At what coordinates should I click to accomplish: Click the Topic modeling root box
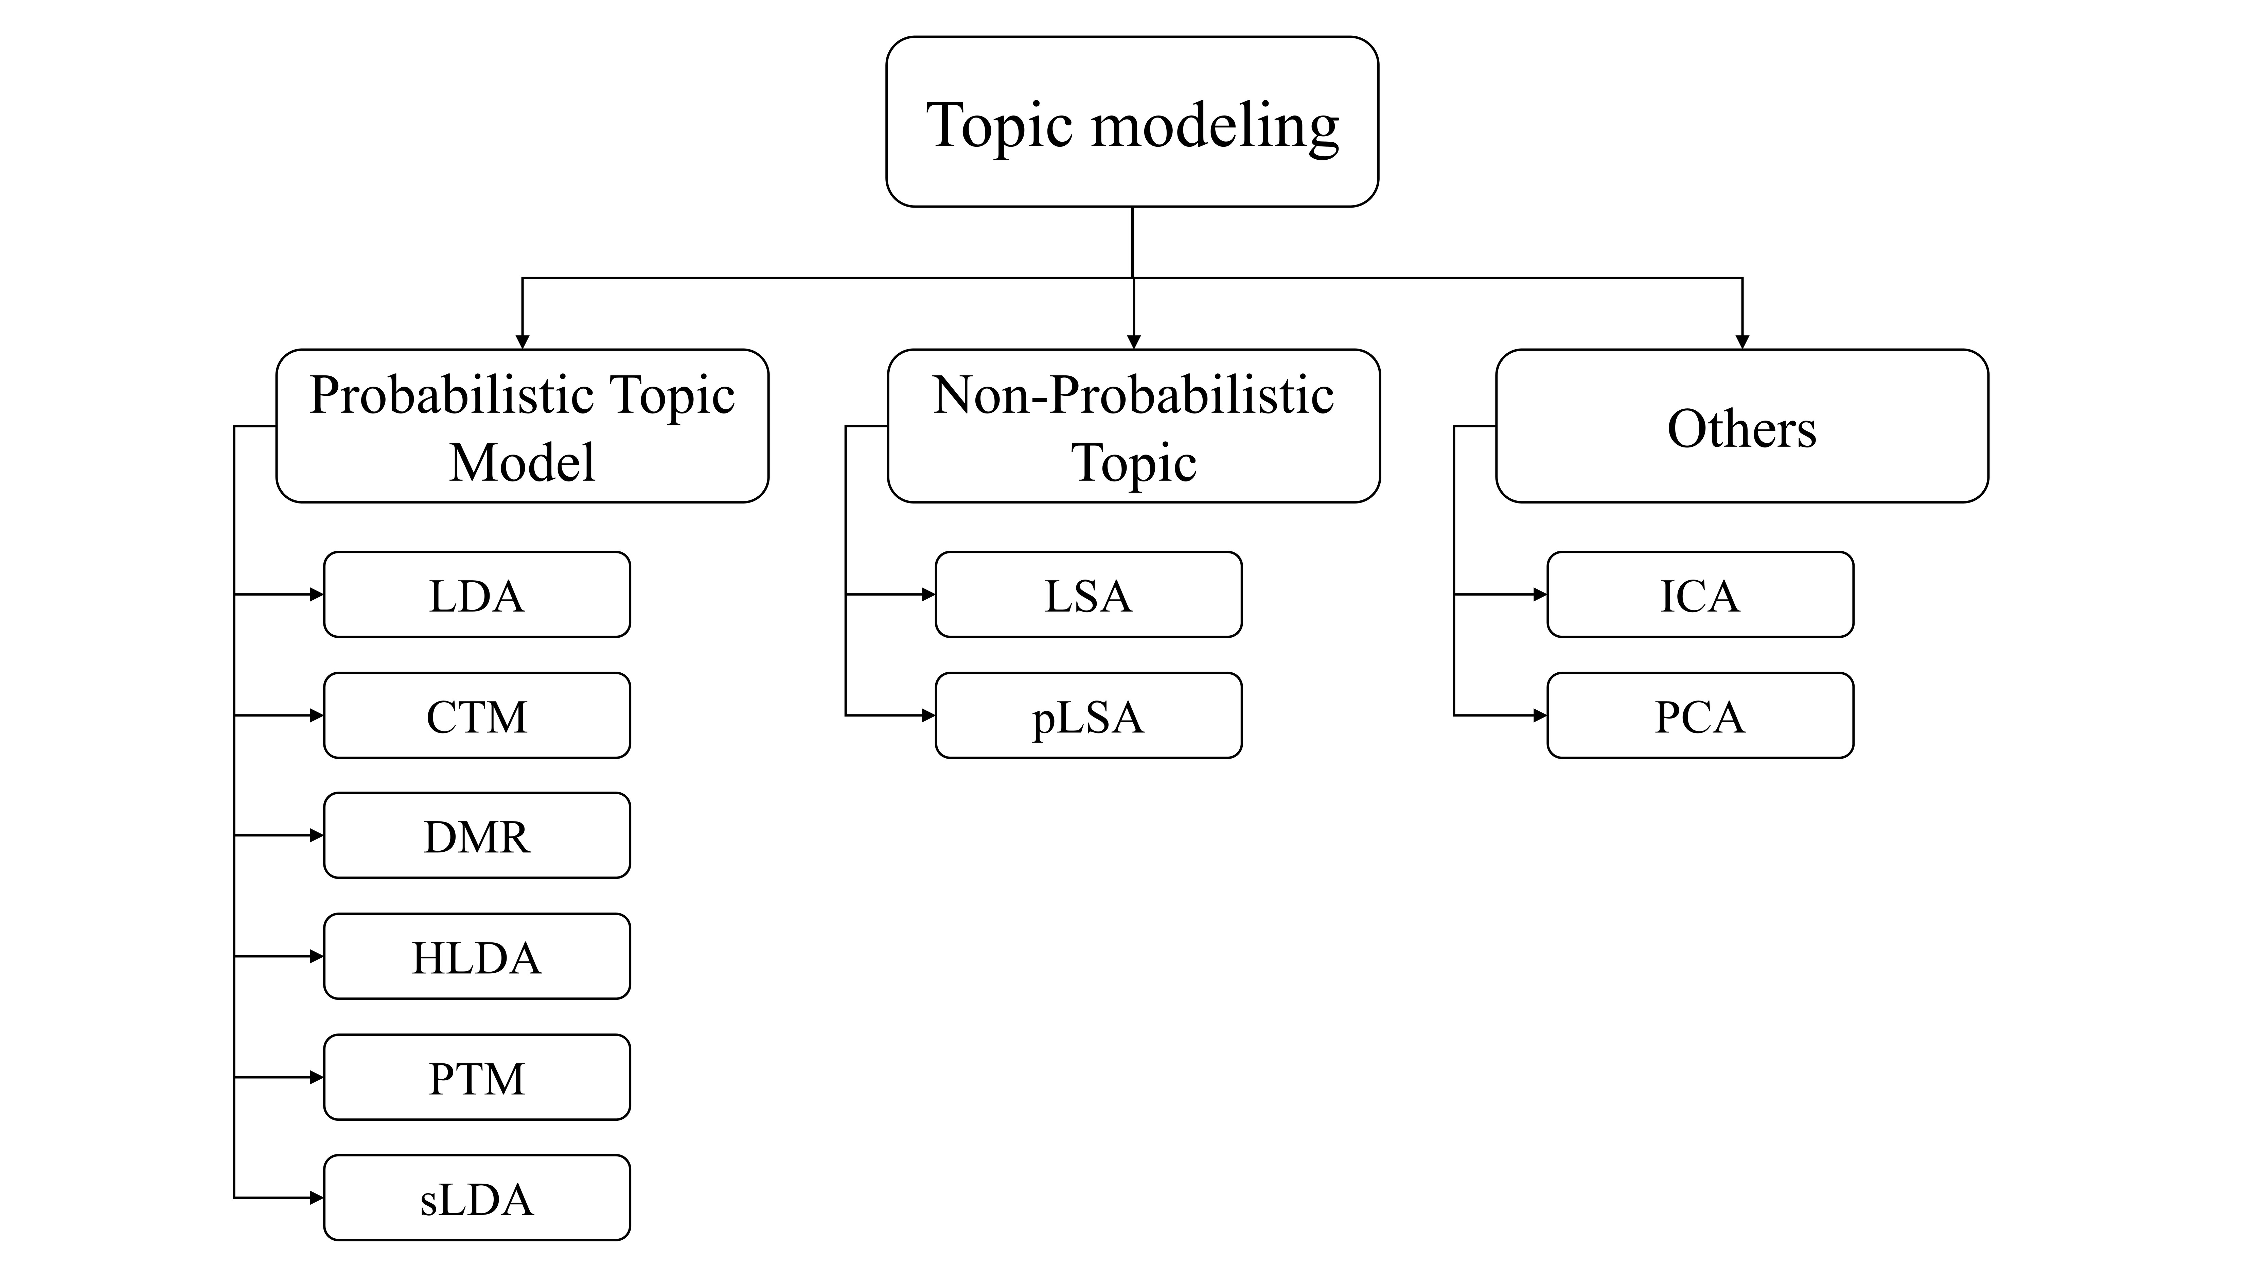pyautogui.click(x=1132, y=122)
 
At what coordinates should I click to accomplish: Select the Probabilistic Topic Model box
pyautogui.click(x=522, y=426)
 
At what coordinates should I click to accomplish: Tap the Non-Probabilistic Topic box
pyautogui.click(x=1133, y=426)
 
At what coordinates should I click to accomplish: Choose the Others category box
pyautogui.click(x=1742, y=426)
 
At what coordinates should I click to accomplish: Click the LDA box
pyautogui.click(x=477, y=595)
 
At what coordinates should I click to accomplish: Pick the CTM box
pyautogui.click(x=477, y=716)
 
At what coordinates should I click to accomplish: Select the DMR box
pyautogui.click(x=477, y=836)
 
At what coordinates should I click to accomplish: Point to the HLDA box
pyautogui.click(x=477, y=957)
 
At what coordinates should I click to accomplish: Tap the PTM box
pyautogui.click(x=477, y=1078)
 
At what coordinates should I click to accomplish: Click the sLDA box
pyautogui.click(x=477, y=1198)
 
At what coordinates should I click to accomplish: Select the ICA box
pyautogui.click(x=1700, y=595)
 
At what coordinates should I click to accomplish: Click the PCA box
pyautogui.click(x=1700, y=716)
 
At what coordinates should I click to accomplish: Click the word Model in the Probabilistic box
pyautogui.click(x=522, y=462)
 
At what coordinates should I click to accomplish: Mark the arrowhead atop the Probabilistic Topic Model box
pyautogui.click(x=522, y=342)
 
